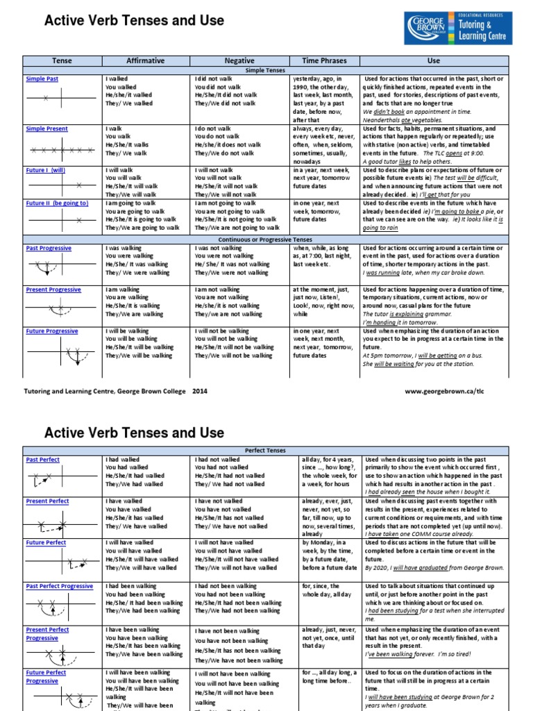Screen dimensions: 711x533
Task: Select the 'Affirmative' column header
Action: (146, 61)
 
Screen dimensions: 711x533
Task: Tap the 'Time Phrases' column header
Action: (324, 61)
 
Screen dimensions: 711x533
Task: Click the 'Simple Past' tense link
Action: (42, 80)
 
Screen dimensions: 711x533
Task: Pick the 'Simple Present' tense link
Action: (46, 129)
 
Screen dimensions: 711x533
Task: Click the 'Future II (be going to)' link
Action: (57, 203)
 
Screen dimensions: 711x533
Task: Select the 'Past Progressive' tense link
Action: (49, 248)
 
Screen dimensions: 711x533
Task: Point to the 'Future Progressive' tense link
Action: (51, 331)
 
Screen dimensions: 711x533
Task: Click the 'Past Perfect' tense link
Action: (42, 460)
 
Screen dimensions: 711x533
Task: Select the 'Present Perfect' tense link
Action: (47, 501)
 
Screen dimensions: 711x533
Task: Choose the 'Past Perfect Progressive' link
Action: (59, 587)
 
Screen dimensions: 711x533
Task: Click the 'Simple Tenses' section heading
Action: (266, 71)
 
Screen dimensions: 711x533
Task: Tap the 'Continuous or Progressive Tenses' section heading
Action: (266, 240)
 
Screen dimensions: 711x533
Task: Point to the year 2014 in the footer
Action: (200, 392)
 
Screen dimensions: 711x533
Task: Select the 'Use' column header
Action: (434, 61)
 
